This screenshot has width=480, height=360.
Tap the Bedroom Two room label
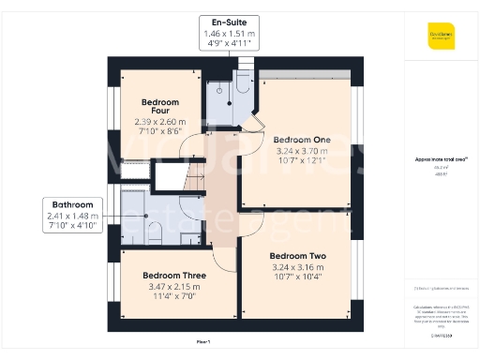(x=296, y=255)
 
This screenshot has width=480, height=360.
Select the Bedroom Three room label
(x=173, y=275)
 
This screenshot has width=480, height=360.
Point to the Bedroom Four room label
(x=159, y=106)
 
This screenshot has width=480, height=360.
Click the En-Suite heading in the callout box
(x=230, y=21)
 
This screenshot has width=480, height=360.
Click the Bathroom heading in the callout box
(x=71, y=203)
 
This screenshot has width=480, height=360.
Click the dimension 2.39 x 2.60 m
(x=159, y=122)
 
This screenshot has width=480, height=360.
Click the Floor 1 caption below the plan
(x=203, y=341)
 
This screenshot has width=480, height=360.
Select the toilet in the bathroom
(x=191, y=236)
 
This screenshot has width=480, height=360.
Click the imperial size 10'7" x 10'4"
(x=296, y=277)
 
